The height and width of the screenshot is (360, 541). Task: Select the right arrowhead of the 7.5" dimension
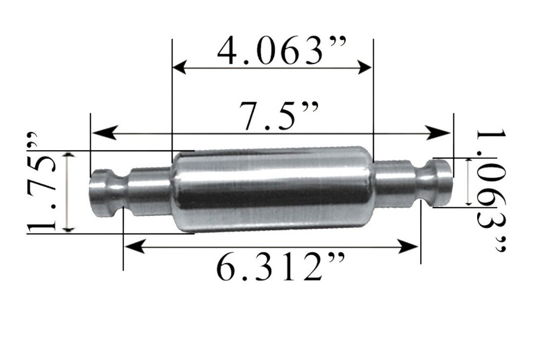442,132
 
